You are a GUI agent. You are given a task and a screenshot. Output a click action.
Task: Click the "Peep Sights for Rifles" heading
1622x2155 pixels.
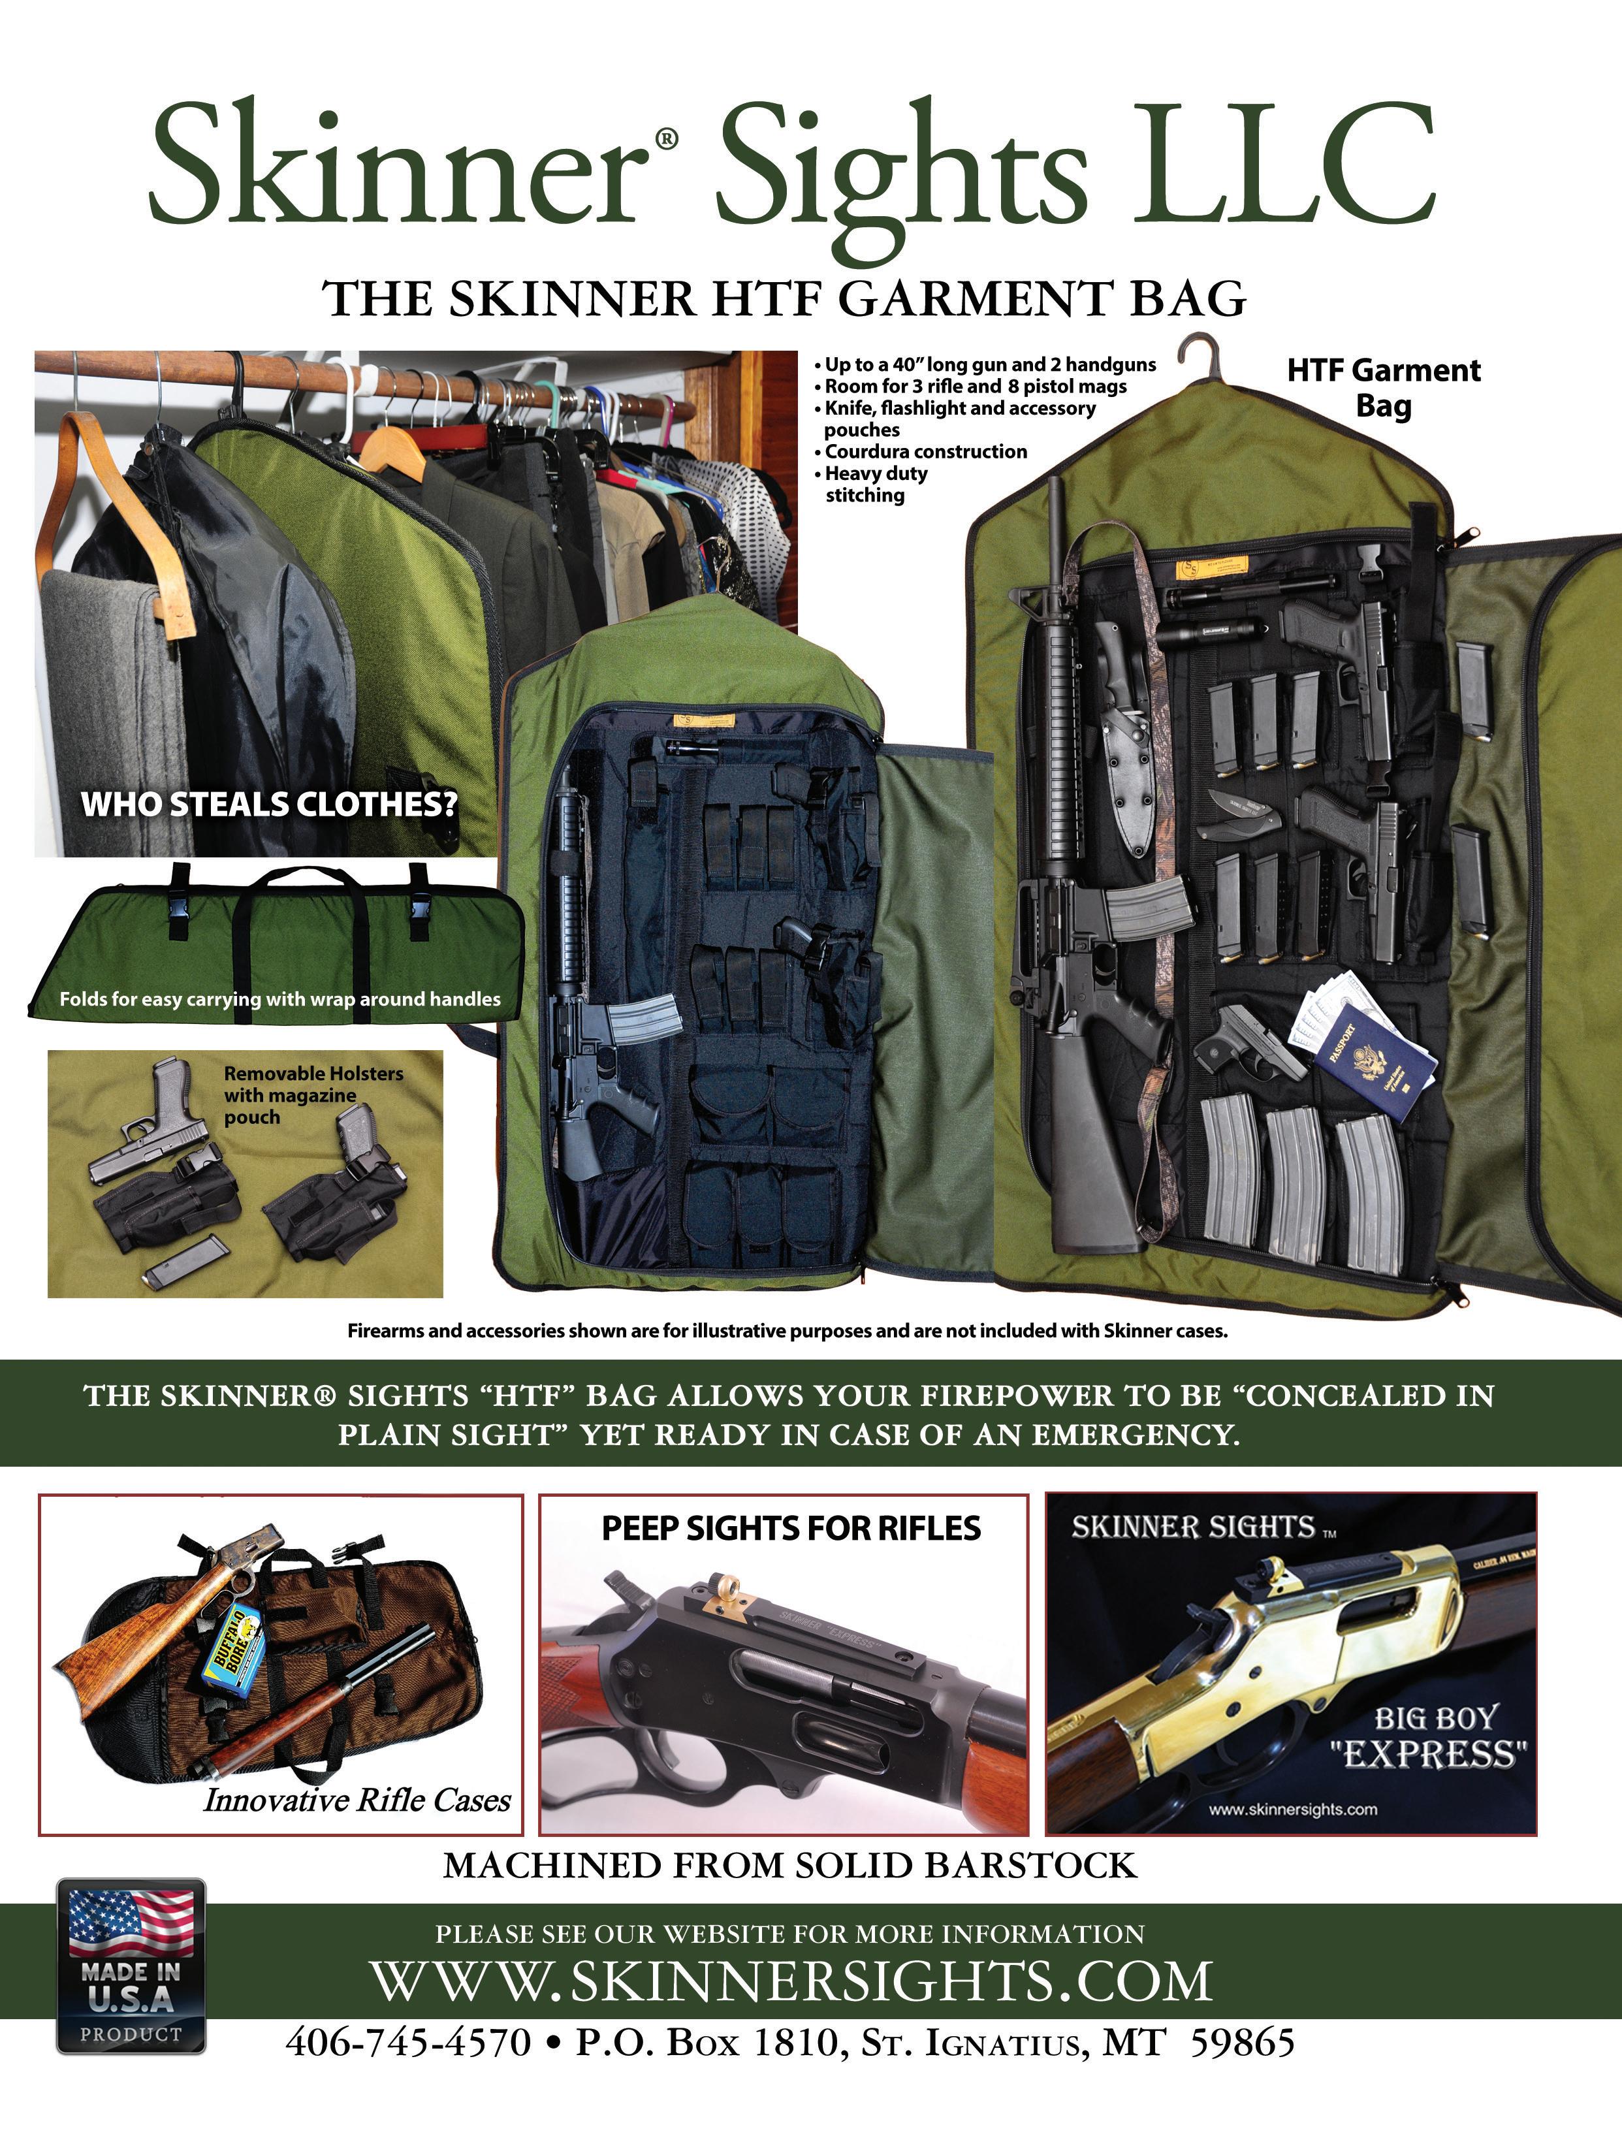pyautogui.click(x=791, y=1527)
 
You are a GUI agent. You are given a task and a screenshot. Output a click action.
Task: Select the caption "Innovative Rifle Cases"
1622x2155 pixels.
pyautogui.click(x=357, y=1800)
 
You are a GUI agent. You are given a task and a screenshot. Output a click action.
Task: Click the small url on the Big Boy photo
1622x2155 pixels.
pyautogui.click(x=1293, y=1809)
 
